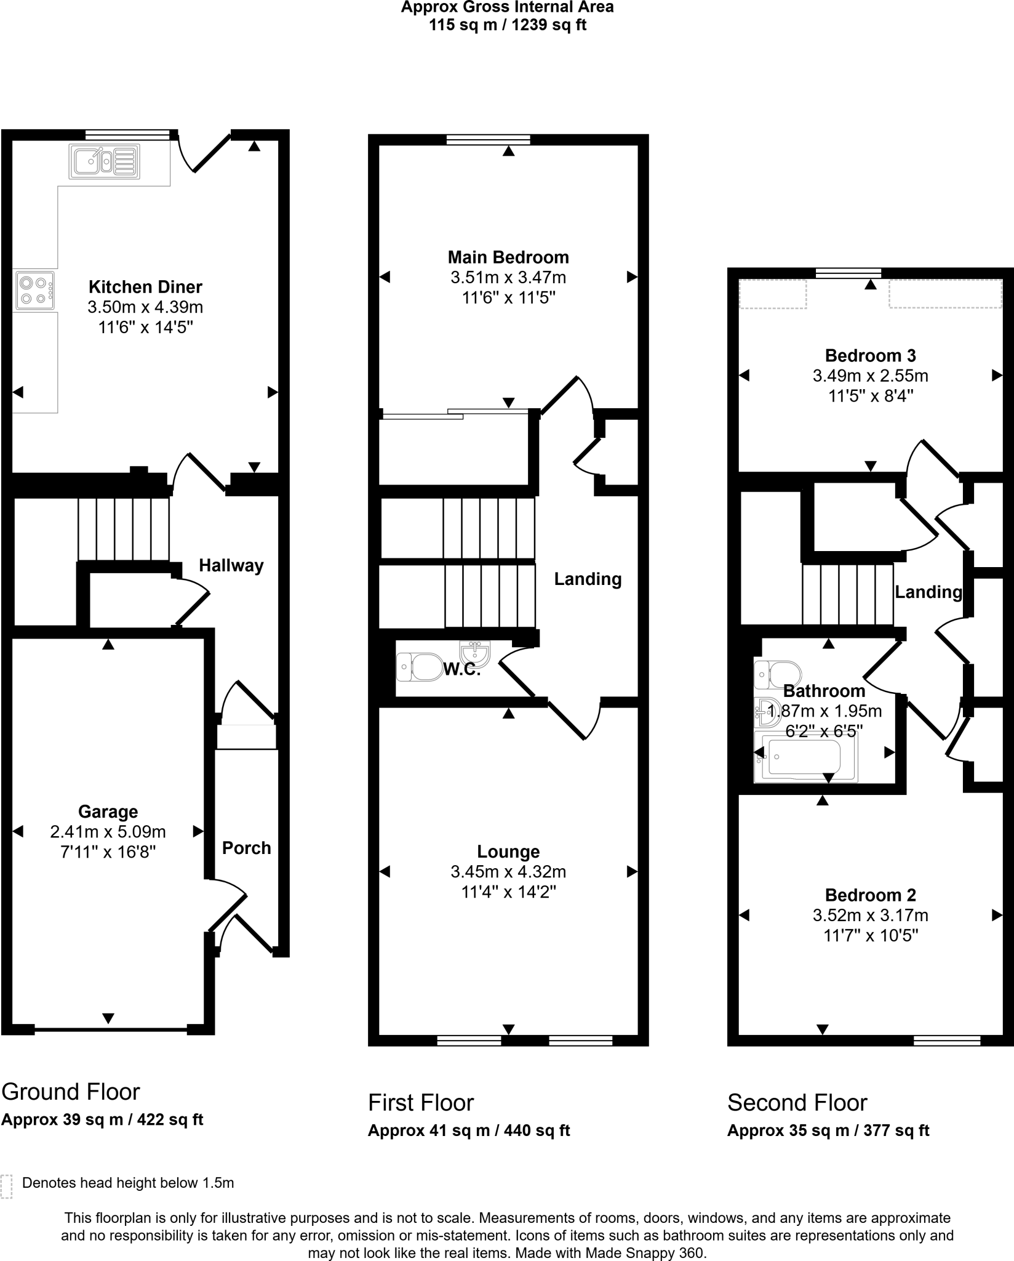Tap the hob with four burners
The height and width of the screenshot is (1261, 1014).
(x=35, y=291)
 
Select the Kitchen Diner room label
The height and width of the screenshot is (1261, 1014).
(x=145, y=287)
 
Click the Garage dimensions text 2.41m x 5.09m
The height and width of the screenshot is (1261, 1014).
(x=108, y=832)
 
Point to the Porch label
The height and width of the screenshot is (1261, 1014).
(x=246, y=848)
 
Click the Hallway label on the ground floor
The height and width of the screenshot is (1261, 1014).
(x=231, y=565)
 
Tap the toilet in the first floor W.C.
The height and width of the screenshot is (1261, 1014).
(x=420, y=667)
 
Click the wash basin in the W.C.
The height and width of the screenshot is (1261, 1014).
(x=475, y=653)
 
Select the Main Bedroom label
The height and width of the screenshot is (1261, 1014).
(x=508, y=257)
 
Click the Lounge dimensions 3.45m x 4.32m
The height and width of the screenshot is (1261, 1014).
(x=508, y=872)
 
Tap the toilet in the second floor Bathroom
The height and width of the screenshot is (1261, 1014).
(x=778, y=674)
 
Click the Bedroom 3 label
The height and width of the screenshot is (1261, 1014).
(x=870, y=355)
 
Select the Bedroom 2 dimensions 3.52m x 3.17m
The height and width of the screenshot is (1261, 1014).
(x=870, y=916)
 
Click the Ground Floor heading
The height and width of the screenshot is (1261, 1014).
(x=71, y=1092)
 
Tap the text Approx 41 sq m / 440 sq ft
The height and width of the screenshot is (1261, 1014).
(x=469, y=1130)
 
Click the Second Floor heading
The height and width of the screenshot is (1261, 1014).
(x=797, y=1103)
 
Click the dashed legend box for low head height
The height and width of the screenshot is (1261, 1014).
(x=6, y=1186)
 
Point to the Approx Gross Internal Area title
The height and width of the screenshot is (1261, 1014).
(x=507, y=8)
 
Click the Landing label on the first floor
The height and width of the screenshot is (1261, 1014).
(x=588, y=579)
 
